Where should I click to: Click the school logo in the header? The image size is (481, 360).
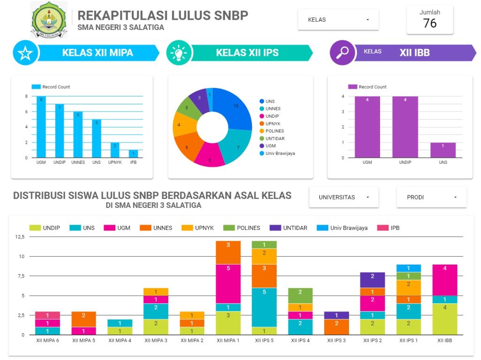point(49,20)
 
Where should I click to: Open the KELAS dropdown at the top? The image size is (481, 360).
point(338,20)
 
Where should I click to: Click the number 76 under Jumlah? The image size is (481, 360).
point(429,23)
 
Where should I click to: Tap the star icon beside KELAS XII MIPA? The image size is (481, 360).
point(25,53)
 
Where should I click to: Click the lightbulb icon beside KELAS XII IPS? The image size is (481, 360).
point(179,53)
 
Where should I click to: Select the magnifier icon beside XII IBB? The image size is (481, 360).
point(342,52)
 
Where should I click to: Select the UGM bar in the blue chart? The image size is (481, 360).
point(41,127)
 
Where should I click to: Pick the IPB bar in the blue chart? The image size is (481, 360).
point(133,153)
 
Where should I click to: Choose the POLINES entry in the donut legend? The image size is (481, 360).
point(275,131)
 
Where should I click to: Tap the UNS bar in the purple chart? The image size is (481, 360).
point(443,150)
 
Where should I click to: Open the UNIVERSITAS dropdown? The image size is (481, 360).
point(343,197)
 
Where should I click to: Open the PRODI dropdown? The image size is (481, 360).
point(431,197)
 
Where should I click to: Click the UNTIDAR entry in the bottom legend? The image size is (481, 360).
point(295,228)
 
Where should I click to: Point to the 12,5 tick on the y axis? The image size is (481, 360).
point(20,237)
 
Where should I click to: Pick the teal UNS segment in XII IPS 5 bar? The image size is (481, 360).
point(264,307)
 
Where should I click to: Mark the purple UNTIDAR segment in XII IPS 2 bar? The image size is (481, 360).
point(372,280)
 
